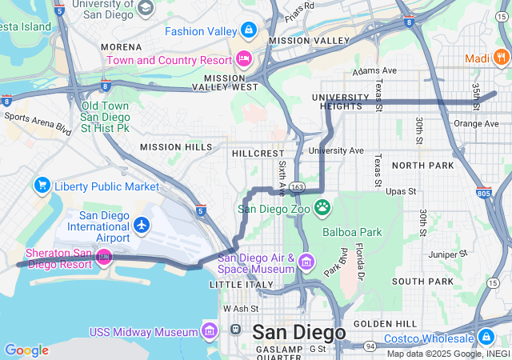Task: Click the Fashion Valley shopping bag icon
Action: [x=249, y=31]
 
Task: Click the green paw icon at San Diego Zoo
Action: [x=322, y=208]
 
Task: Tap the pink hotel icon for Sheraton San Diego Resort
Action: [x=103, y=258]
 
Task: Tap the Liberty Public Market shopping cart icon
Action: [x=42, y=186]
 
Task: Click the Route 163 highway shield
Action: [x=297, y=186]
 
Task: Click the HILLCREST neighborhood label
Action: [x=258, y=152]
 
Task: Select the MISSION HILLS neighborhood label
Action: [x=177, y=146]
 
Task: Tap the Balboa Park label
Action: [x=350, y=232]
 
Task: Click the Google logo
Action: [x=26, y=350]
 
